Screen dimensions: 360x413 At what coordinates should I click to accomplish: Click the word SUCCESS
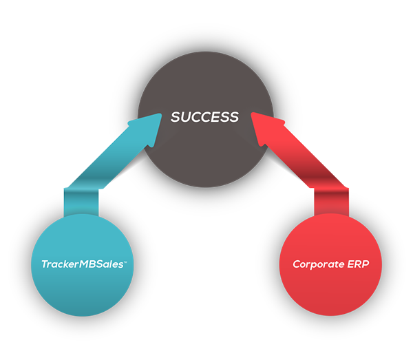(x=204, y=117)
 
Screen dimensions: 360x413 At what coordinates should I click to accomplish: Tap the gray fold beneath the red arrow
(x=297, y=180)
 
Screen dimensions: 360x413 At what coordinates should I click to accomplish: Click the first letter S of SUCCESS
(x=176, y=117)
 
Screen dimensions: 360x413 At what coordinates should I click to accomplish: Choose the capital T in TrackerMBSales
(x=43, y=263)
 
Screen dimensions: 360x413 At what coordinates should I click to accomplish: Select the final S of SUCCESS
(x=234, y=117)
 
